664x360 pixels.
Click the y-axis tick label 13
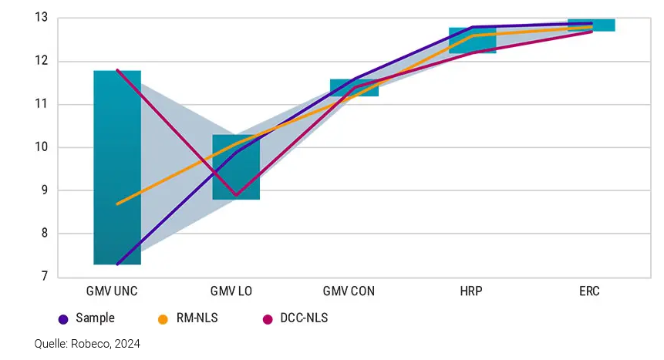(42, 17)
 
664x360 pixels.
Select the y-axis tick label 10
(42, 147)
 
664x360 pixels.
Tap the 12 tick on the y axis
(42, 61)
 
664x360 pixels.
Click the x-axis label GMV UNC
(117, 292)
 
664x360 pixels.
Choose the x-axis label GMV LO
(236, 292)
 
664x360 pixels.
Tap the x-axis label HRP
(472, 292)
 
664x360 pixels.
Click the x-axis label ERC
(591, 292)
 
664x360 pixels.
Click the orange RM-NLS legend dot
(163, 318)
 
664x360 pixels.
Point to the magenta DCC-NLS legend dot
(268, 318)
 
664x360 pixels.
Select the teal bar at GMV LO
(236, 167)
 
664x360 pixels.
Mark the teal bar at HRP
(472, 40)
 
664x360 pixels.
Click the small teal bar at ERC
(591, 25)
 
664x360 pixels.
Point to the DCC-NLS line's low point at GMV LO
(236, 195)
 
